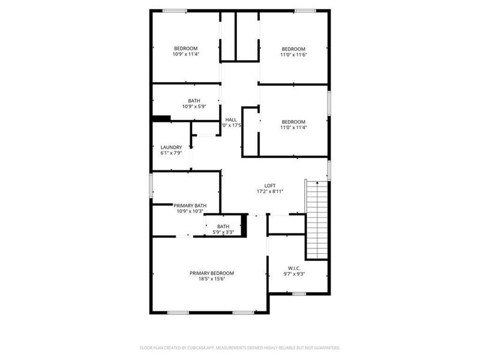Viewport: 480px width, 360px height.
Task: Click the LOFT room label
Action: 270,185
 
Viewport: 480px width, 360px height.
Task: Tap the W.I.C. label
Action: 293,268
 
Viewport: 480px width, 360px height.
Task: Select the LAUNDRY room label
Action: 171,147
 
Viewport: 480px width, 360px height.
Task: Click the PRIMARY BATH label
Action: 191,205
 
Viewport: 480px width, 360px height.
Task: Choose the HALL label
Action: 231,119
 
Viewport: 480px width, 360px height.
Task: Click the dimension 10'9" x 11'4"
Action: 185,54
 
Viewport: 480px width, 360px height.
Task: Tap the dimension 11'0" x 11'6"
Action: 293,55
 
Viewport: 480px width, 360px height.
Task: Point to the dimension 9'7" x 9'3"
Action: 293,274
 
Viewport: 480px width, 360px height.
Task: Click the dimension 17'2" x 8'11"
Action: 270,191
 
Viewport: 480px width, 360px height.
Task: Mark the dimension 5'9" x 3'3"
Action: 223,232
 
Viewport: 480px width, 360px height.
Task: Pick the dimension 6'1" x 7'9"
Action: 171,153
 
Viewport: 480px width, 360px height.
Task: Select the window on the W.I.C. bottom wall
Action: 298,293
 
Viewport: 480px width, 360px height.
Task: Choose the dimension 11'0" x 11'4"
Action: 293,127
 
